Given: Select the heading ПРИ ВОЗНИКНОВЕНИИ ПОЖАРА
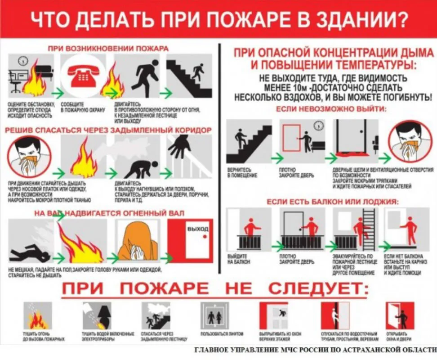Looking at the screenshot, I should [x=109, y=48].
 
